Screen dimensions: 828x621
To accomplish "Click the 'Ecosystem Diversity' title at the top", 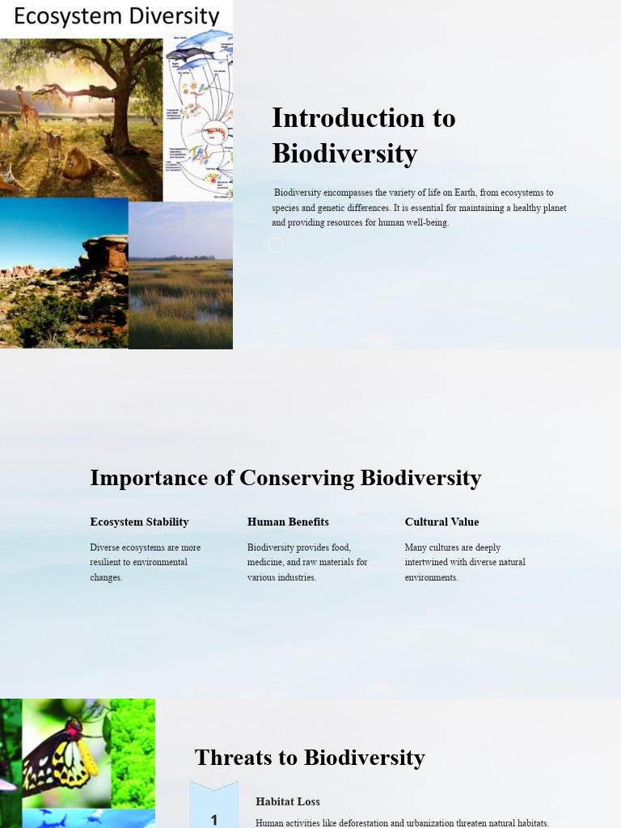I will pyautogui.click(x=116, y=17).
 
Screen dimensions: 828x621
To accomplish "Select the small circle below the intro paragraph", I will pyautogui.click(x=276, y=244).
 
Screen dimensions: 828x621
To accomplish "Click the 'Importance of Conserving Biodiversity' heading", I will pyautogui.click(x=285, y=478).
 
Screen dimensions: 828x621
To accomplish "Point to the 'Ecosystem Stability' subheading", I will pyautogui.click(x=139, y=522).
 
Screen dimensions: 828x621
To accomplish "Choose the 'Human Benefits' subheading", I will pyautogui.click(x=288, y=522).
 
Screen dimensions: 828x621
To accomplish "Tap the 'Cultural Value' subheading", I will pyautogui.click(x=441, y=522).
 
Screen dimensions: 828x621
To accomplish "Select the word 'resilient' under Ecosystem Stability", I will pyautogui.click(x=108, y=562).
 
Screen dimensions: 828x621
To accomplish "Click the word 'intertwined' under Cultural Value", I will pyautogui.click(x=429, y=562).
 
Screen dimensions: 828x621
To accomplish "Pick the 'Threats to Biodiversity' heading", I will pyautogui.click(x=310, y=758).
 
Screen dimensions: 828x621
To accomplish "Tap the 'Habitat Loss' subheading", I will pyautogui.click(x=288, y=801).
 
